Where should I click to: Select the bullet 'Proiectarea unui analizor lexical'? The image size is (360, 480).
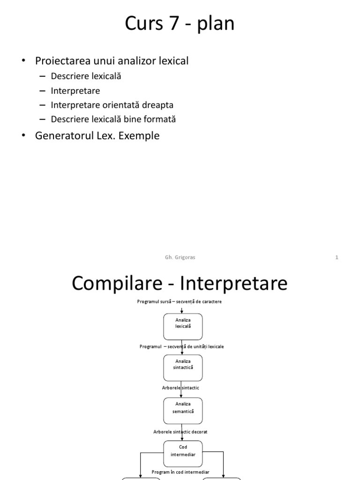click(112, 61)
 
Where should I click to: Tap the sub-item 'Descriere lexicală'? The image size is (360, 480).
click(86, 76)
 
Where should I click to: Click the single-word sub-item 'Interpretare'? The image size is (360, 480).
click(75, 90)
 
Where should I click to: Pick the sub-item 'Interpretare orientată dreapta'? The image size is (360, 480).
click(109, 105)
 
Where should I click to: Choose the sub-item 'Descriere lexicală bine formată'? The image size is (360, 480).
click(113, 119)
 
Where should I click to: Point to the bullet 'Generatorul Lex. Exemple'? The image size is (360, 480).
click(97, 136)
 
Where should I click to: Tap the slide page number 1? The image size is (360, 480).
click(337, 257)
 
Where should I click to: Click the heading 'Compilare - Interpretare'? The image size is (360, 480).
click(180, 284)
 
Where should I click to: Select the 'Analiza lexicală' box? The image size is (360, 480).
click(183, 326)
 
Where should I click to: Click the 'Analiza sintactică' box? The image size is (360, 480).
click(183, 367)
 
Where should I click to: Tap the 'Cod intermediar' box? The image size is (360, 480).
click(183, 450)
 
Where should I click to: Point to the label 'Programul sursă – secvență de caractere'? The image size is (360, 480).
click(179, 301)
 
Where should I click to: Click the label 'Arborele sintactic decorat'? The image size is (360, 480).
click(180, 432)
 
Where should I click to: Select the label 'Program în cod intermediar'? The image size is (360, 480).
click(180, 472)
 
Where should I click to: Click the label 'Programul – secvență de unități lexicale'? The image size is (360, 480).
click(181, 346)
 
